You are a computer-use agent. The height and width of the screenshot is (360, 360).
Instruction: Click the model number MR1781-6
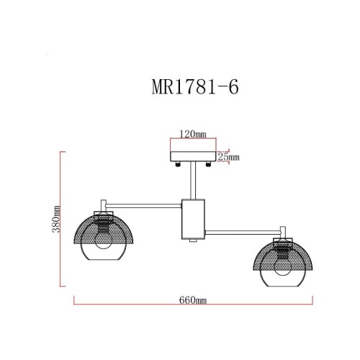(192, 87)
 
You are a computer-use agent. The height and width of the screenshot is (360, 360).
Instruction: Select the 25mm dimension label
(230, 156)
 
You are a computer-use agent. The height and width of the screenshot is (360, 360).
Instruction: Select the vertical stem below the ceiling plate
(192, 180)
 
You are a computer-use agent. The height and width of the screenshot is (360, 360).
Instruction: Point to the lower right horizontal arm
(241, 231)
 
